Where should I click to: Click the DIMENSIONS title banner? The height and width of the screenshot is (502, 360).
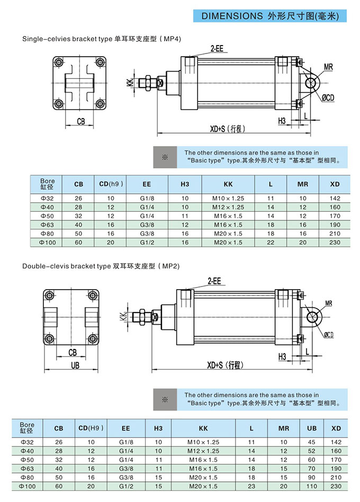(x=273, y=16)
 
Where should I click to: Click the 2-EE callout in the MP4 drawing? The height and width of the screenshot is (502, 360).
(x=217, y=48)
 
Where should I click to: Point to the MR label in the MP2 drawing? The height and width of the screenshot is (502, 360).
(x=329, y=303)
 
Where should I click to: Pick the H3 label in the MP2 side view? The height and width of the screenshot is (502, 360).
(x=282, y=357)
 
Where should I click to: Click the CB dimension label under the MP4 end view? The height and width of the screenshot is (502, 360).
(x=80, y=121)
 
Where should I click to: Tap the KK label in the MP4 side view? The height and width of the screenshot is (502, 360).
(x=130, y=83)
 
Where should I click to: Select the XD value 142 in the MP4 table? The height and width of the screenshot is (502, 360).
(x=335, y=198)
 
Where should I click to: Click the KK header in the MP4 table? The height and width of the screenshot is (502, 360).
(x=228, y=184)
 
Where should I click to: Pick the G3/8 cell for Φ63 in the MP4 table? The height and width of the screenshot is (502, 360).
(x=147, y=225)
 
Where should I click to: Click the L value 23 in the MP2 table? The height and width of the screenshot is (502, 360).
(x=251, y=486)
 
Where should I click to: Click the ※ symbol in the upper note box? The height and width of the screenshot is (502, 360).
(x=164, y=157)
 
